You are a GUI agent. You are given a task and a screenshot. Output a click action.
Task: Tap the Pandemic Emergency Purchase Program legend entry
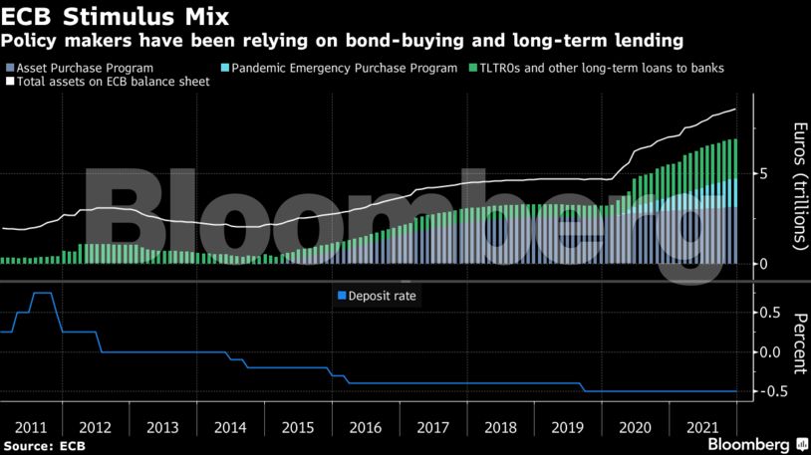click(x=344, y=68)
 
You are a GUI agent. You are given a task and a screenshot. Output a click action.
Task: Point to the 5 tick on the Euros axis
click(x=763, y=173)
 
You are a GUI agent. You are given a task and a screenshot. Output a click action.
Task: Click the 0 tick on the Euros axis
click(x=763, y=264)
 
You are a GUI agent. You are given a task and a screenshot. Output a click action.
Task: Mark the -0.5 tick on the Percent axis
click(x=767, y=391)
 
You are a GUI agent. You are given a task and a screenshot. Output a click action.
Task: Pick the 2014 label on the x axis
click(x=231, y=427)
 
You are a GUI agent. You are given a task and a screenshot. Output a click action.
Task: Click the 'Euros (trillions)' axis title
click(x=798, y=185)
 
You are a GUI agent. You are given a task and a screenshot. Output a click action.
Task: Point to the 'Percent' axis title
click(x=798, y=343)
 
